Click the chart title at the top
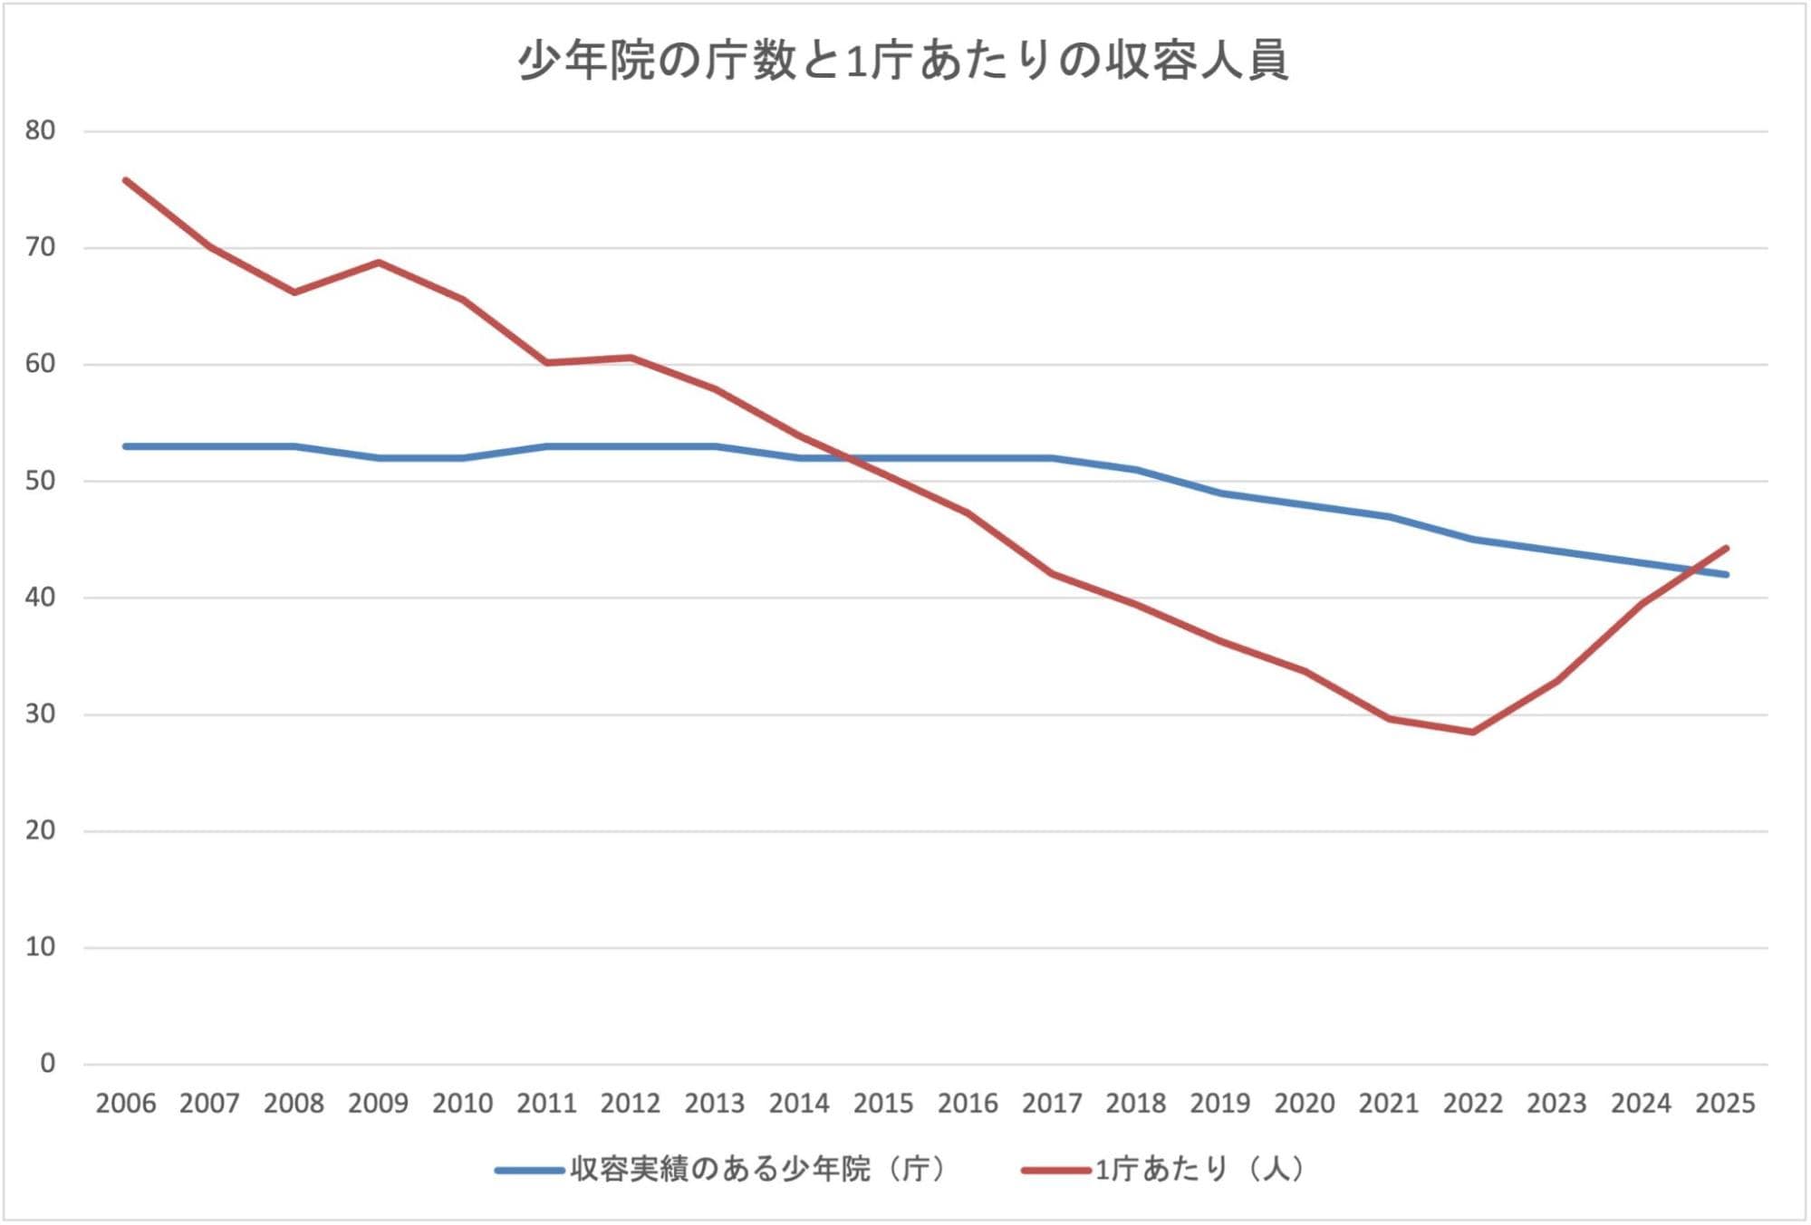click(x=903, y=62)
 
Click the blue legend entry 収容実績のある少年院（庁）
click(x=721, y=1170)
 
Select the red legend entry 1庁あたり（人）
click(x=1164, y=1170)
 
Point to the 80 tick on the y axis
click(x=41, y=130)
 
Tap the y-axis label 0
click(x=48, y=1064)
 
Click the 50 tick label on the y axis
click(x=41, y=481)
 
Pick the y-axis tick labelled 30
click(x=41, y=714)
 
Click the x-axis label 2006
click(x=126, y=1104)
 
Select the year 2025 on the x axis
click(x=1726, y=1104)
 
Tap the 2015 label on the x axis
click(x=883, y=1104)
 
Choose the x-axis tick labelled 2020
click(x=1305, y=1104)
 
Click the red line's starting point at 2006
click(x=126, y=180)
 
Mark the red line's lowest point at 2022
click(x=1473, y=732)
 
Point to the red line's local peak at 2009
click(x=379, y=263)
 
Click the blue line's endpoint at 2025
click(x=1727, y=574)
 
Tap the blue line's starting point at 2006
click(x=126, y=446)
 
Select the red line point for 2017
click(x=1053, y=574)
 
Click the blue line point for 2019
click(x=1221, y=493)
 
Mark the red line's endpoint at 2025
click(x=1727, y=548)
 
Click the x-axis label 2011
click(x=547, y=1104)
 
